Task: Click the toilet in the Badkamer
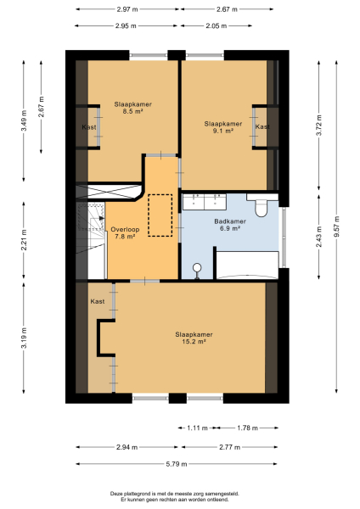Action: point(262,205)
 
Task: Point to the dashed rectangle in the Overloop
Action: point(160,215)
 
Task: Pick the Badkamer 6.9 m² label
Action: point(230,226)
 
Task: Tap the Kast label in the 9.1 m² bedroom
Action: point(262,126)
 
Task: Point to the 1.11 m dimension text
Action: point(196,428)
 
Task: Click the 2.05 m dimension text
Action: point(217,25)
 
